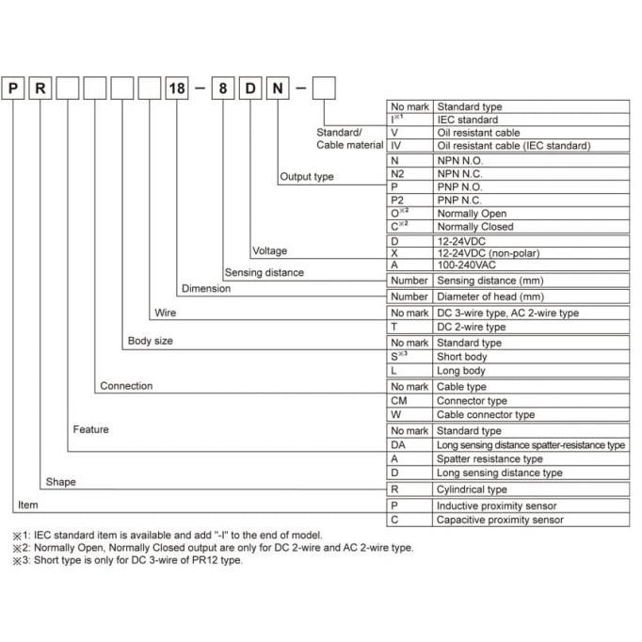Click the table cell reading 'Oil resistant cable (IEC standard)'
(513, 146)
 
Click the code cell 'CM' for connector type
(398, 400)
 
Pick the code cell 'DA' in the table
(398, 444)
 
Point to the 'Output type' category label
(306, 177)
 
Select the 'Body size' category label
(150, 341)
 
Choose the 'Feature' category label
(90, 429)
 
